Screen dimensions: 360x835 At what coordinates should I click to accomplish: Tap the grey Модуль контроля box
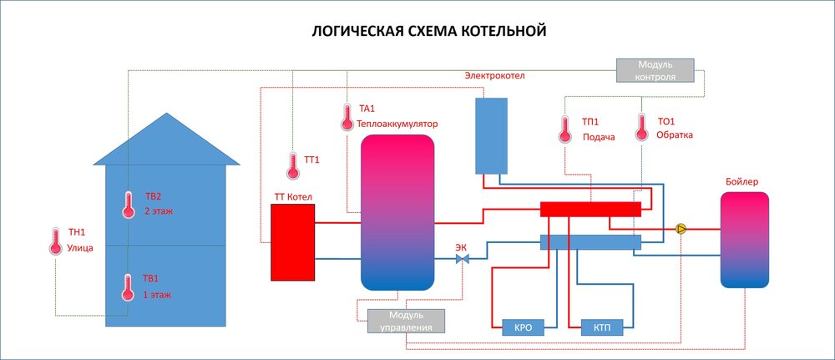[x=655, y=70]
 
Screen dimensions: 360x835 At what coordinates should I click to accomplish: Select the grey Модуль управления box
[x=406, y=321]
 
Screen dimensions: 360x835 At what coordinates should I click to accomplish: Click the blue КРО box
[x=524, y=328]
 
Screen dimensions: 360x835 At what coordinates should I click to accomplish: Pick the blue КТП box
[x=602, y=328]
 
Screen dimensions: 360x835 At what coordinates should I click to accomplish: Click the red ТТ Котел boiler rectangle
[x=291, y=241]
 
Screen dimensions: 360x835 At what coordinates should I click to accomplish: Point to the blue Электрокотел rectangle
[x=491, y=134]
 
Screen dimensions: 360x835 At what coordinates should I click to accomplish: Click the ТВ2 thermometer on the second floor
[x=128, y=205]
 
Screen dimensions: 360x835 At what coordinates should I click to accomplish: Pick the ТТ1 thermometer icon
[x=292, y=165]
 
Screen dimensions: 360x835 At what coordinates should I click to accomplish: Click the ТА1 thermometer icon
[x=347, y=117]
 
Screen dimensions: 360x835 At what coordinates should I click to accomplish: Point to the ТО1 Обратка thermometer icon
[x=641, y=127]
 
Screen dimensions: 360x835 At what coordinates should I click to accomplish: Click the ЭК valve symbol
[x=462, y=260]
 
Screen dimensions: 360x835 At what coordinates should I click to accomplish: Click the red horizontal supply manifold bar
[x=590, y=209]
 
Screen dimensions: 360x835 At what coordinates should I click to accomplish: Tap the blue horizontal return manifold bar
[x=590, y=242]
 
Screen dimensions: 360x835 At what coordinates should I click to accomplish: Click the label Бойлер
[x=743, y=181]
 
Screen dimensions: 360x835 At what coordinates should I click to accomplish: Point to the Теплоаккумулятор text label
[x=397, y=124]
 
